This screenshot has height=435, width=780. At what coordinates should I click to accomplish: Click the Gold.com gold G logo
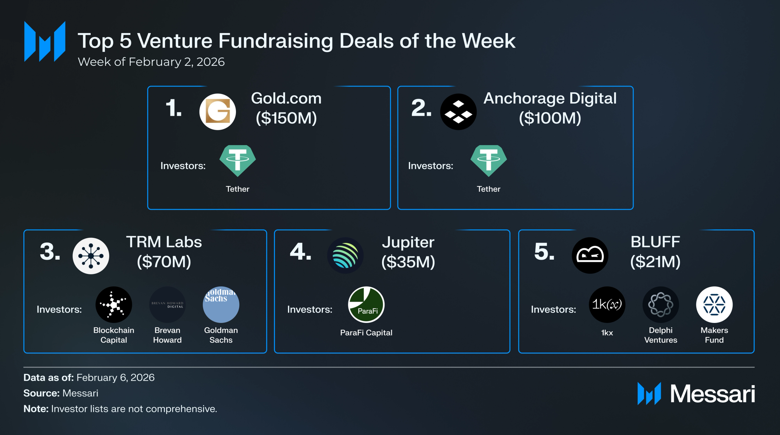point(217,112)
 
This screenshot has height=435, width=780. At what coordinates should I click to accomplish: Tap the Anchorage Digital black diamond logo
point(458,112)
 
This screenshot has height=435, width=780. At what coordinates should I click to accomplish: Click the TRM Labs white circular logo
point(91,256)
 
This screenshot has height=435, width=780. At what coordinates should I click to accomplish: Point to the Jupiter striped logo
point(345,256)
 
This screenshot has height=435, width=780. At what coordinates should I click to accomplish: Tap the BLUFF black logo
point(590,256)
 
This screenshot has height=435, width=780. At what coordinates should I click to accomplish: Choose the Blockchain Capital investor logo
point(114,305)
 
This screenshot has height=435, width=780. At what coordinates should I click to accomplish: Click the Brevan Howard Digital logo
point(168,305)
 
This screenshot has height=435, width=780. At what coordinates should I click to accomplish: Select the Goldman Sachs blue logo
point(221,305)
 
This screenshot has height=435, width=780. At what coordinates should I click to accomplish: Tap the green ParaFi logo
point(366,305)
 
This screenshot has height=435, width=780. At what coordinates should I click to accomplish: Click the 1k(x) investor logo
point(607,305)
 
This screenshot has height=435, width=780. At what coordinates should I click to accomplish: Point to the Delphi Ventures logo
point(661,305)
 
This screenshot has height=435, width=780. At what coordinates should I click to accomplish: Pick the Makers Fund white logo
point(714,305)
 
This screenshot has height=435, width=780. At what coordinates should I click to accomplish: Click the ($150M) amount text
point(286,118)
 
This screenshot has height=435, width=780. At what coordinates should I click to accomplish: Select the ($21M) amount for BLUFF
point(655,262)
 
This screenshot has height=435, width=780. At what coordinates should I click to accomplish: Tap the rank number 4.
point(300,252)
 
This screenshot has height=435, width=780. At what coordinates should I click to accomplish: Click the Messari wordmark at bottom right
point(713,394)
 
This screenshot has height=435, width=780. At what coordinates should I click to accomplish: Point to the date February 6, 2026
point(115,378)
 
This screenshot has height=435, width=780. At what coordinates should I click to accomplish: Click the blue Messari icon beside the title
point(45,41)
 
